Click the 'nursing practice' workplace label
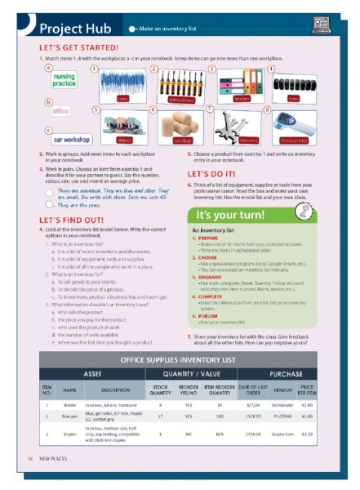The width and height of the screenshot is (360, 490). pyautogui.click(x=64, y=79)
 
